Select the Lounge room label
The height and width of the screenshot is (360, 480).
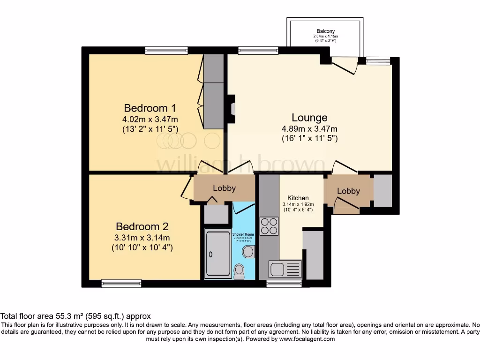pyautogui.click(x=309, y=117)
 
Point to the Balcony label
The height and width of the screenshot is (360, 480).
pyautogui.click(x=325, y=31)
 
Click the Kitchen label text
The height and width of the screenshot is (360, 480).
pyautogui.click(x=298, y=198)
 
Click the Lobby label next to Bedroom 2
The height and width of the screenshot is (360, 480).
pyautogui.click(x=224, y=188)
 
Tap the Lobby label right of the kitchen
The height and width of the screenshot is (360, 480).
pyautogui.click(x=348, y=191)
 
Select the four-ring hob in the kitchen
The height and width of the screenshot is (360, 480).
pyautogui.click(x=270, y=226)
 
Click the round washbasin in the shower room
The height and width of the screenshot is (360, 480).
pyautogui.click(x=247, y=252)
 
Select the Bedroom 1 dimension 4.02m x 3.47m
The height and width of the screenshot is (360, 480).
pyautogui.click(x=150, y=119)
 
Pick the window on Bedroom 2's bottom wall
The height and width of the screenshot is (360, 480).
pyautogui.click(x=121, y=283)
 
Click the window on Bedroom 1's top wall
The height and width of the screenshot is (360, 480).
pyautogui.click(x=166, y=50)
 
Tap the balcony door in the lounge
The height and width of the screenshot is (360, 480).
pyautogui.click(x=345, y=65)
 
